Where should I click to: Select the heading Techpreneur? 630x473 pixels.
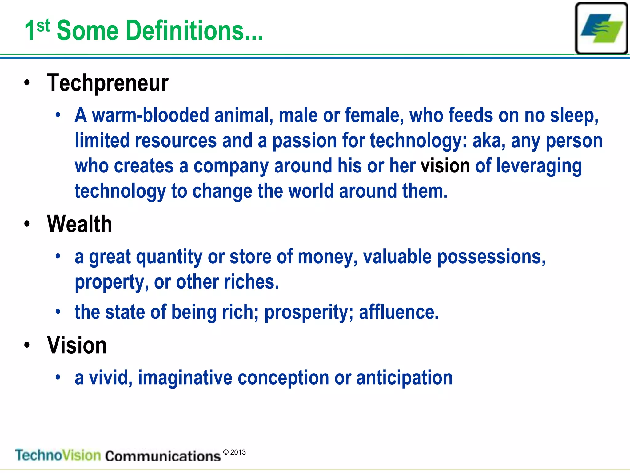point(108,83)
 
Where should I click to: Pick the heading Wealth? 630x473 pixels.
point(79,224)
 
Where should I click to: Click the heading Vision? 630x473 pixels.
point(77,345)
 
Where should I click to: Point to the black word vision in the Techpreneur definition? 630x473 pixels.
point(445,166)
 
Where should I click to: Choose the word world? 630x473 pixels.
point(311,191)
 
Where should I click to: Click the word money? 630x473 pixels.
point(328,257)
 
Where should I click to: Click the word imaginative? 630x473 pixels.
point(185,378)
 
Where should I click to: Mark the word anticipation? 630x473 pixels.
point(404,378)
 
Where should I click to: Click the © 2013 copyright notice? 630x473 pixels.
point(234,452)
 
